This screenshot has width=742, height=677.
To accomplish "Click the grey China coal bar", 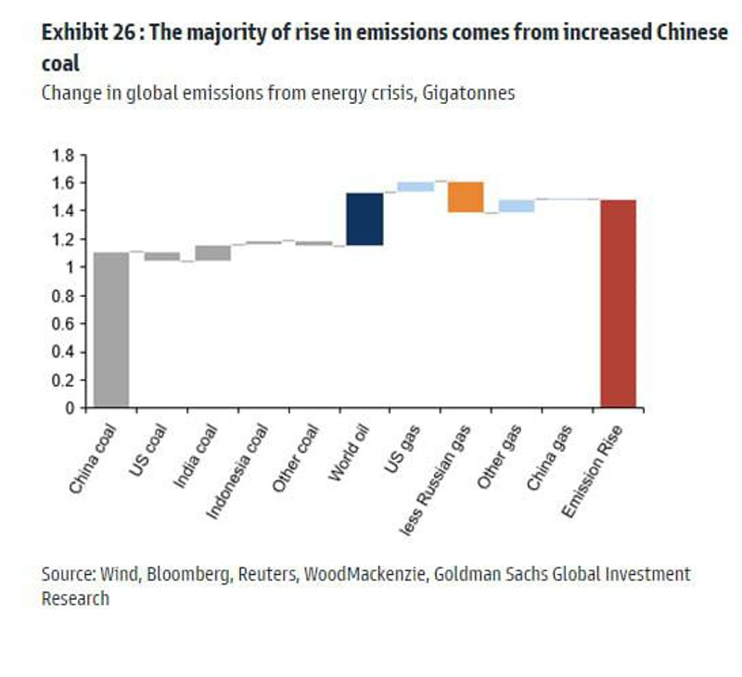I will tap(111, 329).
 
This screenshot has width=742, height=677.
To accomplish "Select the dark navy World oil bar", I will tap(364, 219).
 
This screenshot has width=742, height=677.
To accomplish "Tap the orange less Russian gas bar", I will tap(466, 197).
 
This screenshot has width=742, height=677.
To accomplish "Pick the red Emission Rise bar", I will tap(618, 303).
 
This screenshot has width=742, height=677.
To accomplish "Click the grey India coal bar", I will tap(212, 253).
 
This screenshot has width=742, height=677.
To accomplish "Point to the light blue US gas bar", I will tap(416, 186).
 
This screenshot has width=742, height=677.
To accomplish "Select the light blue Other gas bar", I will tap(517, 206).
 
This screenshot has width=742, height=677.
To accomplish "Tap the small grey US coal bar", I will tap(162, 256).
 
